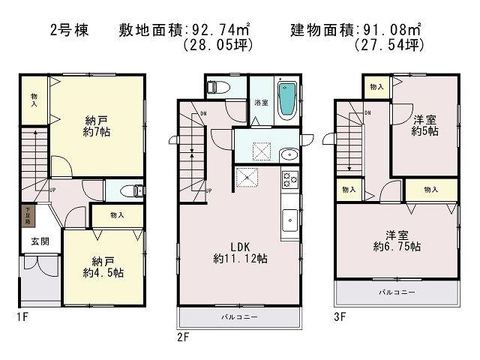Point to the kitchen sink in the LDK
coord(289,222)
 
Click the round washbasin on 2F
coord(288,154)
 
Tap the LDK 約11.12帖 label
coord(239,251)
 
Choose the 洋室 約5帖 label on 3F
coord(424,124)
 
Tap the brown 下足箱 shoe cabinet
coord(28,218)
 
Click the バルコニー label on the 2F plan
coord(238,317)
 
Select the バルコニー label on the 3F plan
coord(397,291)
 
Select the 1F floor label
coord(25,317)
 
